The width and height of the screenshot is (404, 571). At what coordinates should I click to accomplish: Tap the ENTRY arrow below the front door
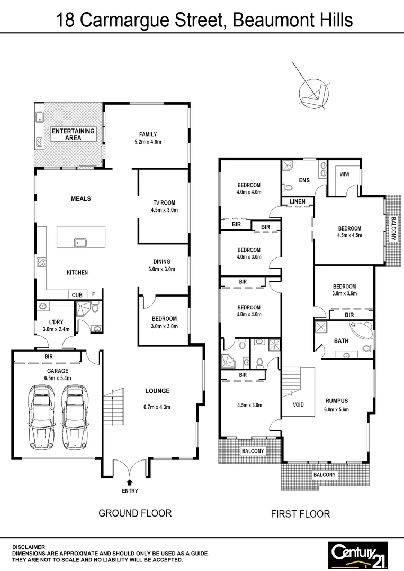pyautogui.click(x=130, y=482)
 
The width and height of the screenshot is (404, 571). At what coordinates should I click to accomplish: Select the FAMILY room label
pyautogui.click(x=148, y=134)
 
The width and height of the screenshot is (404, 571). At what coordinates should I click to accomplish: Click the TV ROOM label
pyautogui.click(x=164, y=202)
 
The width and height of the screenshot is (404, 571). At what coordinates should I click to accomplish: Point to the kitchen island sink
pyautogui.click(x=81, y=243)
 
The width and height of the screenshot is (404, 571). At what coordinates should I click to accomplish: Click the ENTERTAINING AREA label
pyautogui.click(x=73, y=134)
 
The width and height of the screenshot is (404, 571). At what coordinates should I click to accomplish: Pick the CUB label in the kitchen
pyautogui.click(x=76, y=295)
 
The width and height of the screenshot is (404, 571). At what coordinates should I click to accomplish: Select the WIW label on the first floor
pyautogui.click(x=344, y=174)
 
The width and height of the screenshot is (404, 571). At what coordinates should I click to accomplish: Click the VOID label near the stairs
pyautogui.click(x=299, y=404)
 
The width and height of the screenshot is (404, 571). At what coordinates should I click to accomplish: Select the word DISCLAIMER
pyautogui.click(x=29, y=547)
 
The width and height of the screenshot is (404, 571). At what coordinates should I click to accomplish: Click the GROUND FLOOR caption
pyautogui.click(x=135, y=513)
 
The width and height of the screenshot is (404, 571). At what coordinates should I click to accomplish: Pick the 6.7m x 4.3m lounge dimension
pyautogui.click(x=158, y=407)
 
